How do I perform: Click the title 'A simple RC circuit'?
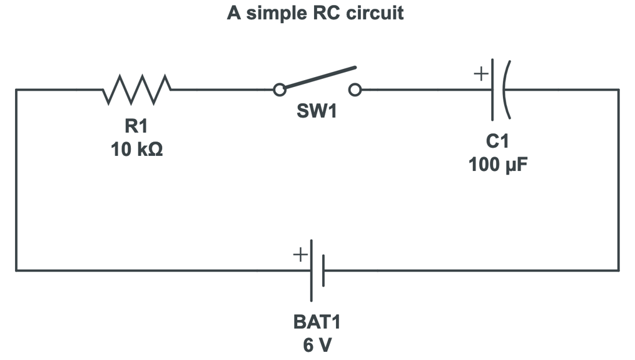tap(315, 13)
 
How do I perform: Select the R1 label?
tap(136, 126)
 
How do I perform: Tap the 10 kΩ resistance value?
tap(136, 150)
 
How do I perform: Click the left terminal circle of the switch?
tap(280, 90)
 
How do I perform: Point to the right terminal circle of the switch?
tap(355, 90)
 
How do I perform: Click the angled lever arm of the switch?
tap(319, 78)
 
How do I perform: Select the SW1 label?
tap(317, 112)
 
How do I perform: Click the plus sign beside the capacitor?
tap(480, 75)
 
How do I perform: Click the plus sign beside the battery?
tap(300, 255)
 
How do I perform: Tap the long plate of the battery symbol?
tap(312, 270)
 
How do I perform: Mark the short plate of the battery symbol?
tap(323, 270)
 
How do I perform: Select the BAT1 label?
tap(317, 322)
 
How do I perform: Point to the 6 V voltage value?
tap(317, 345)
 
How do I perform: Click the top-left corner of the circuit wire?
tap(17, 90)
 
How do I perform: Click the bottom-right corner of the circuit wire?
tap(618, 270)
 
